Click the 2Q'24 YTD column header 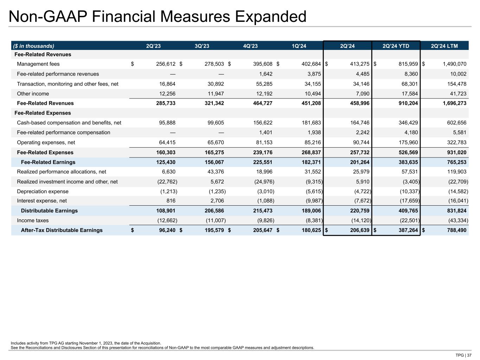pos(396,46)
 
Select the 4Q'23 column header pos(250,46)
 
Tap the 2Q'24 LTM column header pos(444,46)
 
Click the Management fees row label pos(38,64)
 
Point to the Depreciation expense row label pos(43,192)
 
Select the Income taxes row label pos(33,220)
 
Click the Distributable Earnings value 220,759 pos(357,211)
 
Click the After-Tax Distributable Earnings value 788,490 pos(454,230)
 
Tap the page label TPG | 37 pos(463,355)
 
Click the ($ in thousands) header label pos(34,46)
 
